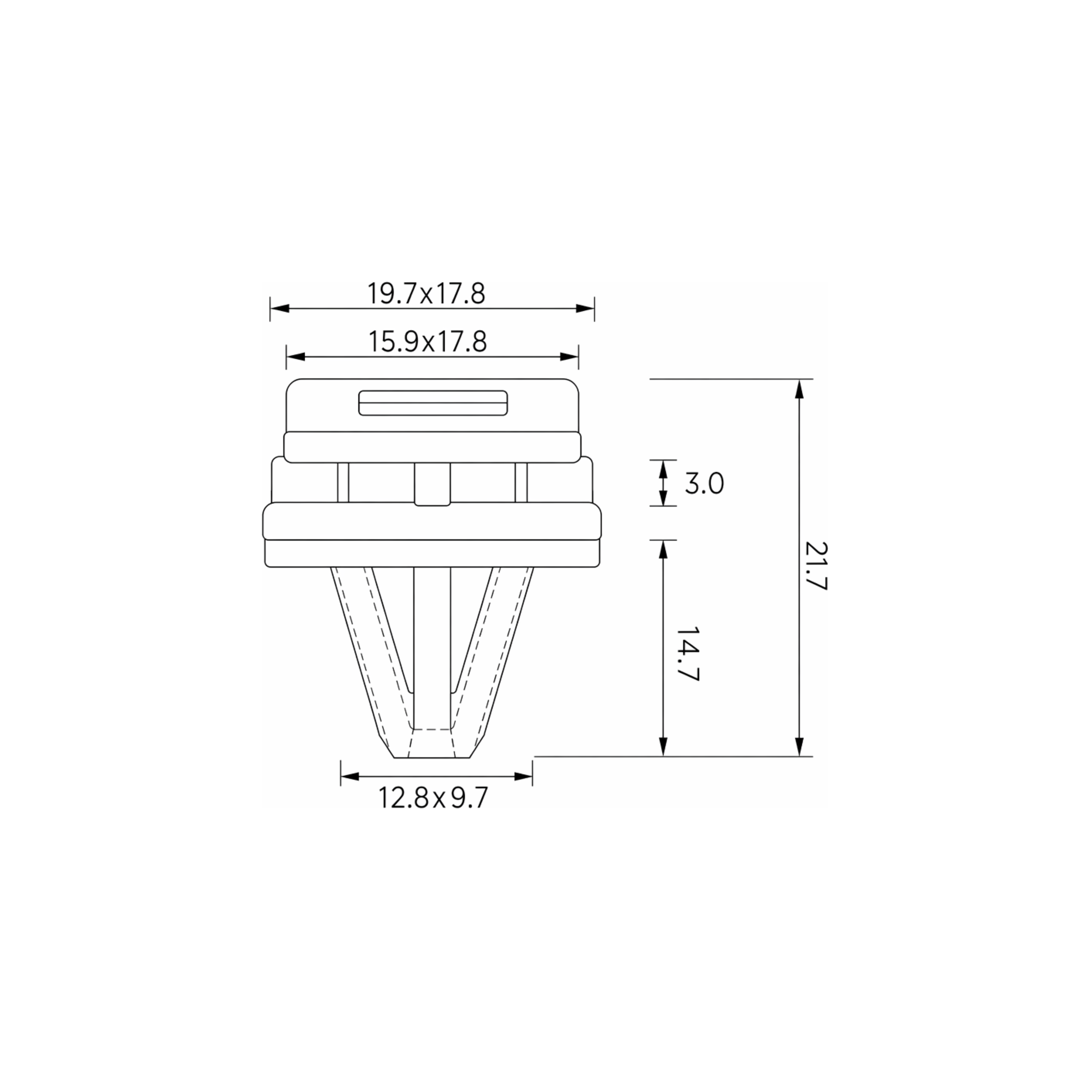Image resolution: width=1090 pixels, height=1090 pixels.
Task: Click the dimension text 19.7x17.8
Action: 426,293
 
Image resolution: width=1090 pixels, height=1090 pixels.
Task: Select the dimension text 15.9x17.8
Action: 428,342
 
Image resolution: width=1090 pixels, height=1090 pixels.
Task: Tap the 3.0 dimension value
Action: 704,484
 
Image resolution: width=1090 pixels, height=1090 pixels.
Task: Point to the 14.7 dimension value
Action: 688,653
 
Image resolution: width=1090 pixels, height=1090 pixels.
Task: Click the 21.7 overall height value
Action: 815,566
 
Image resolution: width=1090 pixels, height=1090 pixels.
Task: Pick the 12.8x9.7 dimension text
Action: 432,798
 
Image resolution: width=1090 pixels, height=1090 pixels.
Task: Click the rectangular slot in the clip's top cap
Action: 433,403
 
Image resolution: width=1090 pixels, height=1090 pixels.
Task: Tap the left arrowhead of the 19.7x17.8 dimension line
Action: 280,309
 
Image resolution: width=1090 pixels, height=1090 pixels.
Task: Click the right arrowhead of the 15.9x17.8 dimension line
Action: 569,357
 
